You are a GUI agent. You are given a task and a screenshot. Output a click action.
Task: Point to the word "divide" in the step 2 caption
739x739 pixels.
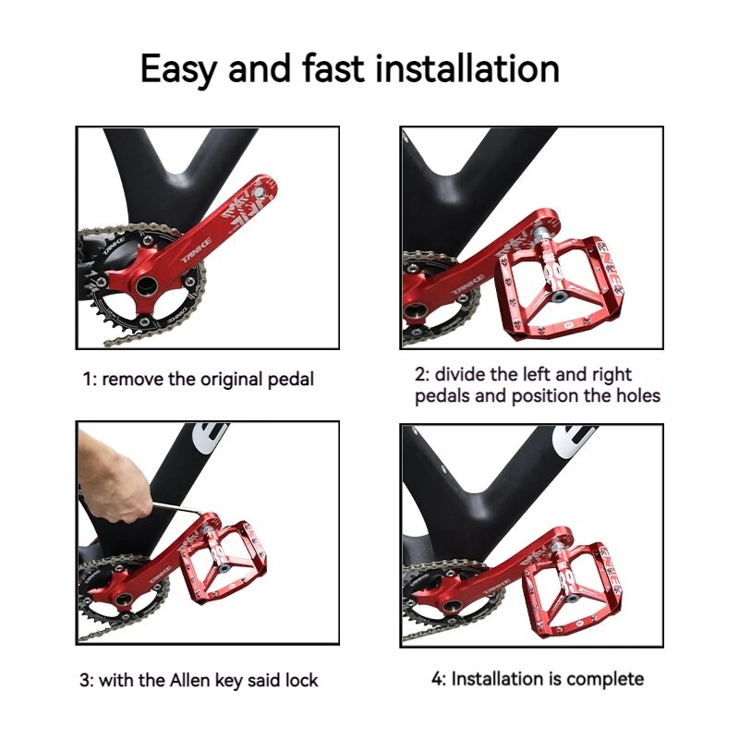[x=464, y=374]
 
